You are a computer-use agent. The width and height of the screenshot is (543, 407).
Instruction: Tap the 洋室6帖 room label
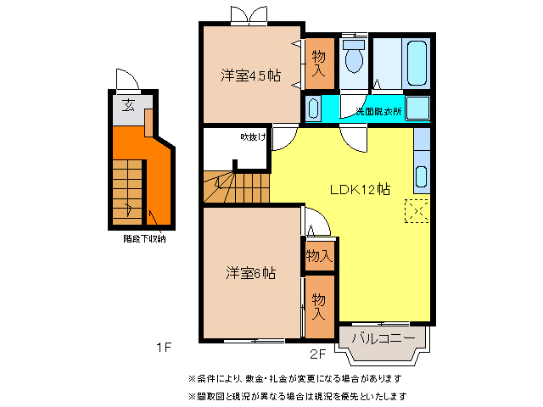[x=250, y=273]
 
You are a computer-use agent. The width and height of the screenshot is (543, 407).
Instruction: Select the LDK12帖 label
[x=360, y=189]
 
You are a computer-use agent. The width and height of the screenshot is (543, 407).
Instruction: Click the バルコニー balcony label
[x=383, y=338]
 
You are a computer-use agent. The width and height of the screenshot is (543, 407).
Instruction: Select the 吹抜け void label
[x=252, y=137]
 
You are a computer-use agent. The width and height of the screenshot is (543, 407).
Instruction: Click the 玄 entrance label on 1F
[x=127, y=106]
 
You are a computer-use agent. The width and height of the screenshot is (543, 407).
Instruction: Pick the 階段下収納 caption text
[x=143, y=239]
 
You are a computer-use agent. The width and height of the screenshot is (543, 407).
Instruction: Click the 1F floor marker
[x=163, y=347]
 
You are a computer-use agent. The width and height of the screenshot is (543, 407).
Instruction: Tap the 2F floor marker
[x=317, y=354]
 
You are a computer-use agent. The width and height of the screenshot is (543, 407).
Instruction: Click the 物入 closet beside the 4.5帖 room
[x=318, y=64]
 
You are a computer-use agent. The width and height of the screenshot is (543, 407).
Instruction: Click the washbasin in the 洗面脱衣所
[x=314, y=109]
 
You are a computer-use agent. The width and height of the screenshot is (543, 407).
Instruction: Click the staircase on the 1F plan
[x=127, y=191]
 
